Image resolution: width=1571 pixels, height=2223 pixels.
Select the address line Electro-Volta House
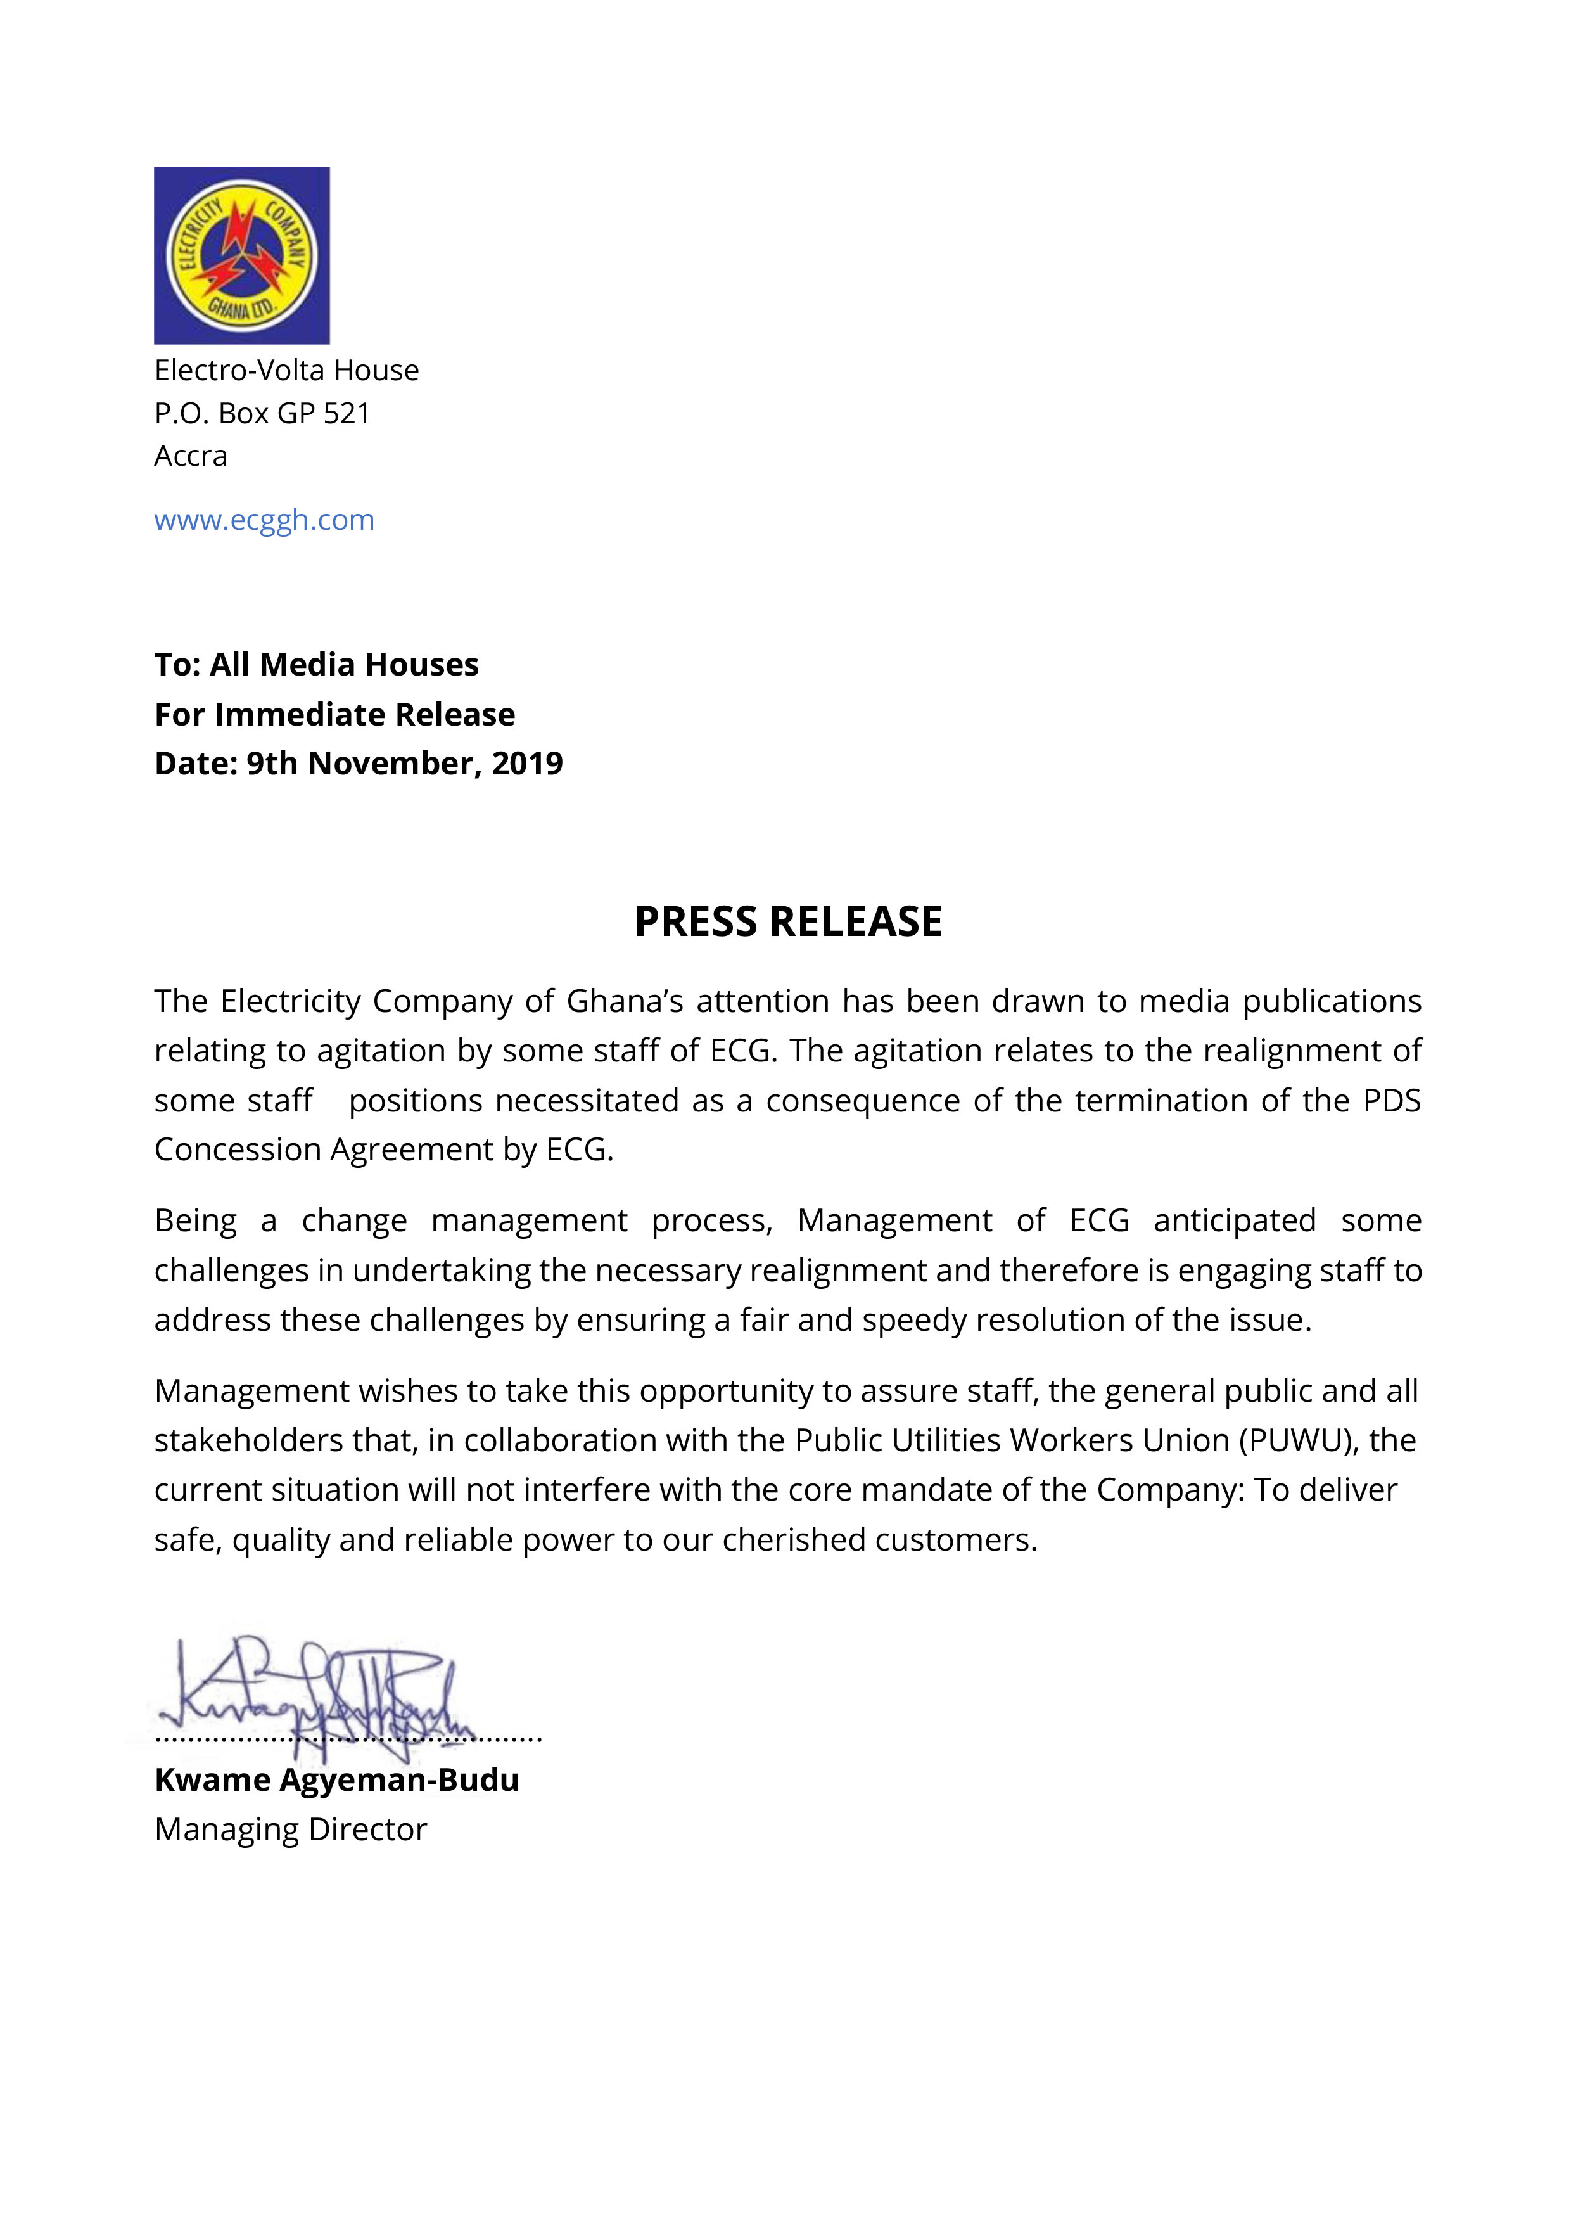(286, 370)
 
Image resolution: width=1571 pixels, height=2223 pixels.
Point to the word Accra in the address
(191, 456)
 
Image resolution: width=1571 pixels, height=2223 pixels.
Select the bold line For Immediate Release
(335, 715)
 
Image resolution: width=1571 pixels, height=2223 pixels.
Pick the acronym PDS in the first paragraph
(1391, 1101)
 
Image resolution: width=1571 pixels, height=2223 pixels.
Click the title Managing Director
(290, 1830)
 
